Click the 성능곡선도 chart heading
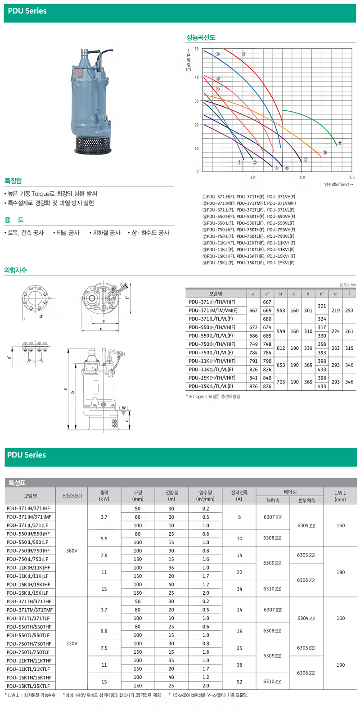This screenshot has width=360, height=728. click(x=201, y=37)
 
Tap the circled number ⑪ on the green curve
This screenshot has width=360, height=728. click(x=340, y=144)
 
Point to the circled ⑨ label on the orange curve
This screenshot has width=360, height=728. click(x=324, y=153)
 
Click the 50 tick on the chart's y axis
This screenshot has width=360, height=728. click(x=197, y=49)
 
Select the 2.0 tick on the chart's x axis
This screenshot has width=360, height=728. click(x=302, y=177)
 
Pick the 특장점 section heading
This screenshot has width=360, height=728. click(x=13, y=181)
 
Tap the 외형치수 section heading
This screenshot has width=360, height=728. click(x=15, y=270)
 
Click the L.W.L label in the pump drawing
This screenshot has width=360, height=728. click(x=123, y=408)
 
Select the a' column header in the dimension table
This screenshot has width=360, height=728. click(x=267, y=294)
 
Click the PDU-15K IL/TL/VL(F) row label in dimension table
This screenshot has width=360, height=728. click(x=211, y=386)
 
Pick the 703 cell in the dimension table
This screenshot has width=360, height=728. click(x=281, y=382)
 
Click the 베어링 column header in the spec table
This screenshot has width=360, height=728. click(x=290, y=492)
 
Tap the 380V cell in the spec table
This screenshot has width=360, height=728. click(x=72, y=551)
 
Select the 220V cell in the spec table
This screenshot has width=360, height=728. click(x=72, y=643)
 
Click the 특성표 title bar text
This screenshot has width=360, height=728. click(x=17, y=483)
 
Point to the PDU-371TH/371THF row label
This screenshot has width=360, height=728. click(x=29, y=601)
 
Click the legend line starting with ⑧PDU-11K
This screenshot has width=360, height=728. click(x=249, y=243)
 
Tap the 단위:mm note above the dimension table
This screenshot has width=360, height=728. click(x=347, y=285)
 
